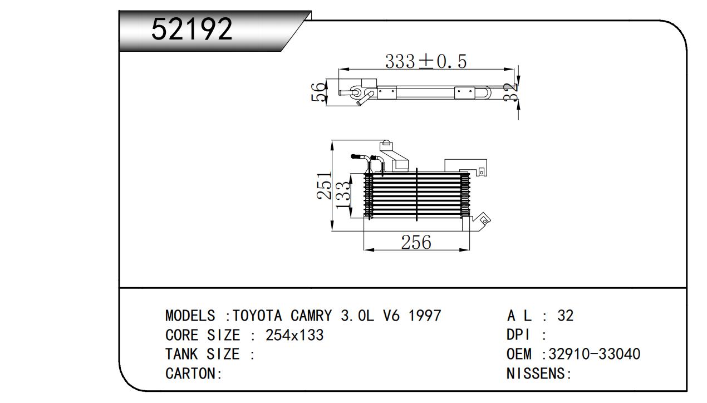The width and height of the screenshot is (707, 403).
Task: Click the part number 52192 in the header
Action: [192, 29]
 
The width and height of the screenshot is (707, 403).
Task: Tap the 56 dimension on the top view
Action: [318, 92]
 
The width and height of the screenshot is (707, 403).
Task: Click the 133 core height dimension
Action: [343, 195]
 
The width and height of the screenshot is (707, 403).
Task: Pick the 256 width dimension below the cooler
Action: [416, 242]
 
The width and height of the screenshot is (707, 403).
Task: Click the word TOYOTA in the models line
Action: [257, 315]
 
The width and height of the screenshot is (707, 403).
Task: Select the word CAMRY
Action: [311, 315]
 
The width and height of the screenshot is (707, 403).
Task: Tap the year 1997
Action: [425, 315]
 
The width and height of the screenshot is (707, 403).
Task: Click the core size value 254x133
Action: [294, 335]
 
